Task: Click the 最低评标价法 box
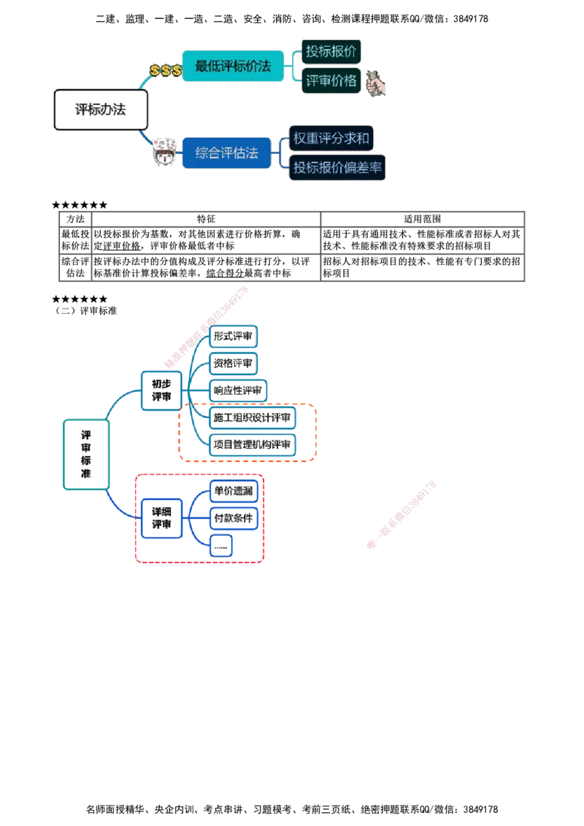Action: pos(233,66)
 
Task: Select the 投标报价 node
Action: pos(331,52)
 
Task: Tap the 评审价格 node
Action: pos(331,81)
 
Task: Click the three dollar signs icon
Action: pos(166,70)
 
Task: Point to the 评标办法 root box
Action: pos(101,110)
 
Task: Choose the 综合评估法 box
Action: pos(227,153)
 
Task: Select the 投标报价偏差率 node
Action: pos(337,168)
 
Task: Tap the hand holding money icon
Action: pos(376,84)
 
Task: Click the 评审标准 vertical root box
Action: pos(86,454)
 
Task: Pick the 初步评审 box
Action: pos(161,390)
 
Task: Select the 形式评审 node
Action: pos(234,336)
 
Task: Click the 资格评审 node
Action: pos(234,363)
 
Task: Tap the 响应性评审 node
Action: pos(238,390)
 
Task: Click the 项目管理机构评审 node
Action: pos(253,444)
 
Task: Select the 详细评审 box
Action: pos(161,517)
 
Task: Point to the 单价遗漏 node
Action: pos(234,492)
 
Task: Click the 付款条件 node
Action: pos(234,518)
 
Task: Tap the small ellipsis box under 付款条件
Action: pos(221,545)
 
